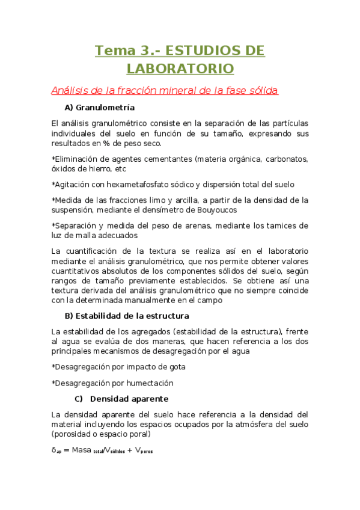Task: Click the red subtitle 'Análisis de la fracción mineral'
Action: pyautogui.click(x=164, y=90)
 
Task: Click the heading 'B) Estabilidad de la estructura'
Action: pyautogui.click(x=126, y=315)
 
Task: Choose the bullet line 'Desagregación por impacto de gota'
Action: pyautogui.click(x=118, y=366)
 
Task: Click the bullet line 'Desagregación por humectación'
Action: pyautogui.click(x=112, y=382)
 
